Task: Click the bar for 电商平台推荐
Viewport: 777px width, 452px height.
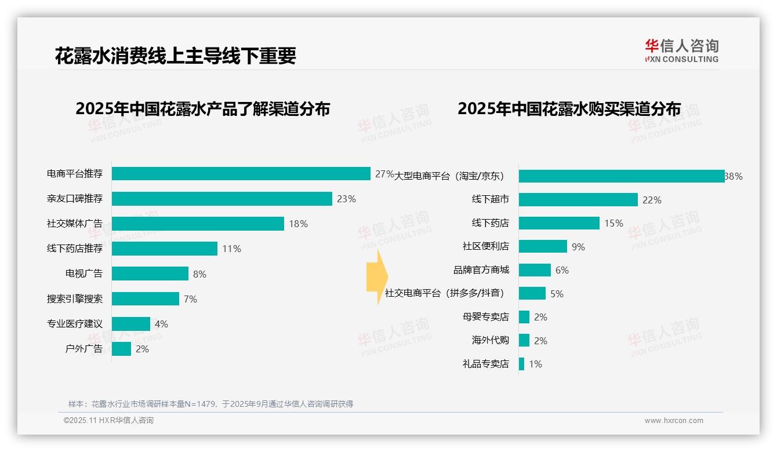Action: tap(241, 174)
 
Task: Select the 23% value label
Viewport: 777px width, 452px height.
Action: tap(346, 199)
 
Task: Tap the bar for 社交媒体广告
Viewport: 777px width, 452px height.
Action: tap(198, 224)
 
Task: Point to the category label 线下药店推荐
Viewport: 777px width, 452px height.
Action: tap(75, 249)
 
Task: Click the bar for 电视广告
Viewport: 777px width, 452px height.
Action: tap(150, 274)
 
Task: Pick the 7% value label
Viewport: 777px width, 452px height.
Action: tap(190, 299)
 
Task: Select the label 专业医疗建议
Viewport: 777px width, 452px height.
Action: tap(75, 323)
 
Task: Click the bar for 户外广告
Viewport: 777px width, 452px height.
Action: tap(121, 349)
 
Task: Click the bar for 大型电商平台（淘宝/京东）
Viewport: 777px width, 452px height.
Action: tap(622, 176)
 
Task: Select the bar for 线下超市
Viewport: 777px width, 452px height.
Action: tap(578, 199)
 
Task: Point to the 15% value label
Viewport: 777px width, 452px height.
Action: tap(613, 223)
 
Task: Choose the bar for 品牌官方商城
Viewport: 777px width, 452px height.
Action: tap(535, 270)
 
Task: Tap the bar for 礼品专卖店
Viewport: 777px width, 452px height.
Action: tap(521, 364)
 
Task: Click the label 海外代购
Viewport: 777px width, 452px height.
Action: tap(491, 340)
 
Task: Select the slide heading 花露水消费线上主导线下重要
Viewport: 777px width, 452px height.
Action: tap(176, 56)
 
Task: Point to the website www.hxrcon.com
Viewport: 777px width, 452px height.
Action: tap(674, 421)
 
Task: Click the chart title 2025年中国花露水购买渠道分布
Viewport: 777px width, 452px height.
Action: tap(569, 109)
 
